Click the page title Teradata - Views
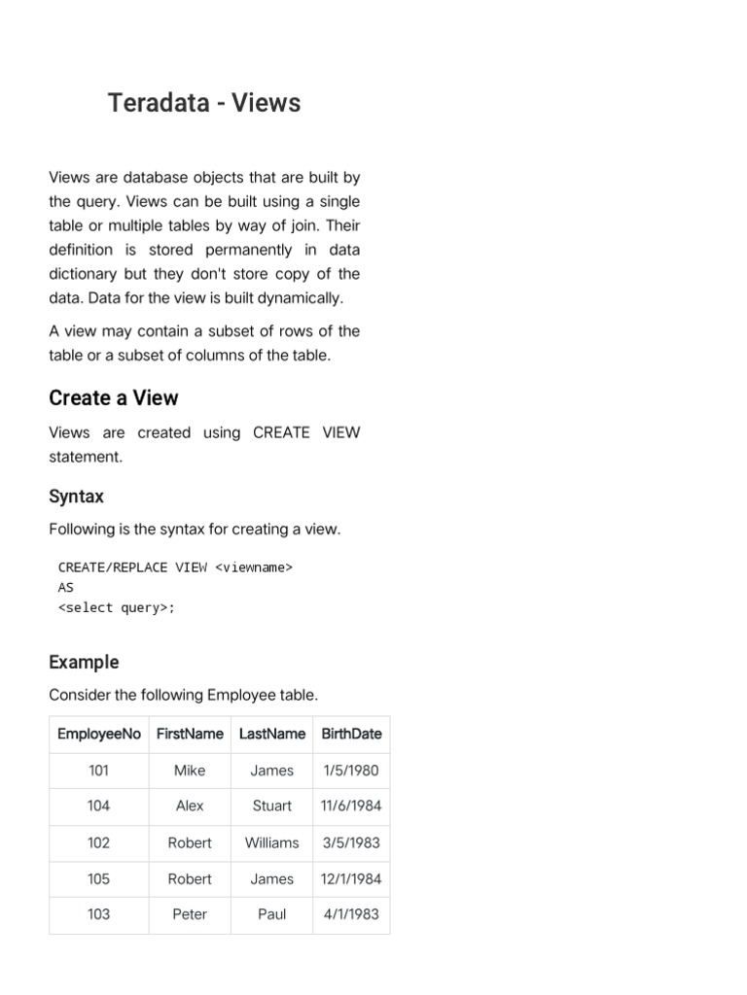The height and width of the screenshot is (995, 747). (x=204, y=103)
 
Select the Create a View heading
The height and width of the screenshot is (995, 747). (x=114, y=398)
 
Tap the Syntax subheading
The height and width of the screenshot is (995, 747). (x=76, y=497)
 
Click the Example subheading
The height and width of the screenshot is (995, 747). (x=84, y=662)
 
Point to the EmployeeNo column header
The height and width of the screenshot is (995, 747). (x=99, y=734)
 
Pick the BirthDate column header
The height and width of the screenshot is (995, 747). (x=351, y=734)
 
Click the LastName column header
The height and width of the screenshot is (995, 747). (x=272, y=734)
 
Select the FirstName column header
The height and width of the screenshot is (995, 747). (x=190, y=734)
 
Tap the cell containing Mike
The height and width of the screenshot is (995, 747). (x=190, y=771)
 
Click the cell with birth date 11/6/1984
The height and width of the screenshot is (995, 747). (x=351, y=806)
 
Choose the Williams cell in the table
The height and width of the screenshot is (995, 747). (x=272, y=842)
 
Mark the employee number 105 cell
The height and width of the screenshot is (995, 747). (x=99, y=878)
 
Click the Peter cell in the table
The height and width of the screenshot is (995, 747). (x=190, y=914)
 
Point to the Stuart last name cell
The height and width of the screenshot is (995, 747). (x=272, y=806)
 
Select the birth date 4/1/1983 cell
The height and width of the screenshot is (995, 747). (x=351, y=914)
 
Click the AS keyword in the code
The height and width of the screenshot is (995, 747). (x=66, y=588)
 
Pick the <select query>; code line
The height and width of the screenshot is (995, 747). (x=117, y=608)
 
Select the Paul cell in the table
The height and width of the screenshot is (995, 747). (x=272, y=914)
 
